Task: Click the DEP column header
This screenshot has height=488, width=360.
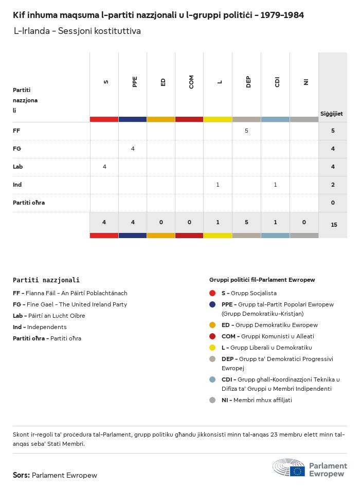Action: pyautogui.click(x=248, y=82)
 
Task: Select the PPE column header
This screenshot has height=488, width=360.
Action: pyautogui.click(x=134, y=82)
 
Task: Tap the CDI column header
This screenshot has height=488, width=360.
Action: pyautogui.click(x=277, y=82)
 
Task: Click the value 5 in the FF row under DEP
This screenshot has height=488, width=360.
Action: pyautogui.click(x=246, y=131)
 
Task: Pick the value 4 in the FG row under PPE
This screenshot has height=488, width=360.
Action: pyautogui.click(x=133, y=149)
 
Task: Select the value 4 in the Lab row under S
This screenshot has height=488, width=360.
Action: pyautogui.click(x=104, y=167)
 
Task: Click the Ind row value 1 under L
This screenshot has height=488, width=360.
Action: pyautogui.click(x=218, y=185)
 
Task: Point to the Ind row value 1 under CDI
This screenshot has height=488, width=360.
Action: pyautogui.click(x=275, y=185)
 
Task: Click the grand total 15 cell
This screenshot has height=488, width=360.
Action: pyautogui.click(x=334, y=225)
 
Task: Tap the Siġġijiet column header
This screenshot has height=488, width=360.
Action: pyautogui.click(x=332, y=114)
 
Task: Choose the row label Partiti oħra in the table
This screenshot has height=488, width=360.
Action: pyautogui.click(x=29, y=203)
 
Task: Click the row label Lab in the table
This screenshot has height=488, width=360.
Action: pyautogui.click(x=18, y=167)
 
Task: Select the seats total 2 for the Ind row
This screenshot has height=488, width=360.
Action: pyautogui.click(x=333, y=185)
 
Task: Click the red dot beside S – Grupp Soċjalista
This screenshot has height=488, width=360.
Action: pyautogui.click(x=212, y=293)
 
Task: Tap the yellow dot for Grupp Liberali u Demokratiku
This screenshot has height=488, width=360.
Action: pyautogui.click(x=212, y=348)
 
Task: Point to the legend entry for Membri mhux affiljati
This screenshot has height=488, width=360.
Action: pyautogui.click(x=257, y=400)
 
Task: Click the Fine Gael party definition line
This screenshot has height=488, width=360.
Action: pyautogui.click(x=70, y=304)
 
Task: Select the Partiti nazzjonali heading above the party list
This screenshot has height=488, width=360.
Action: pyautogui.click(x=46, y=280)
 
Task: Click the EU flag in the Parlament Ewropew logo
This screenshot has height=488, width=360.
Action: pyautogui.click(x=297, y=472)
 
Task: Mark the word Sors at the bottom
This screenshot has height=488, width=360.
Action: pyautogui.click(x=21, y=475)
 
